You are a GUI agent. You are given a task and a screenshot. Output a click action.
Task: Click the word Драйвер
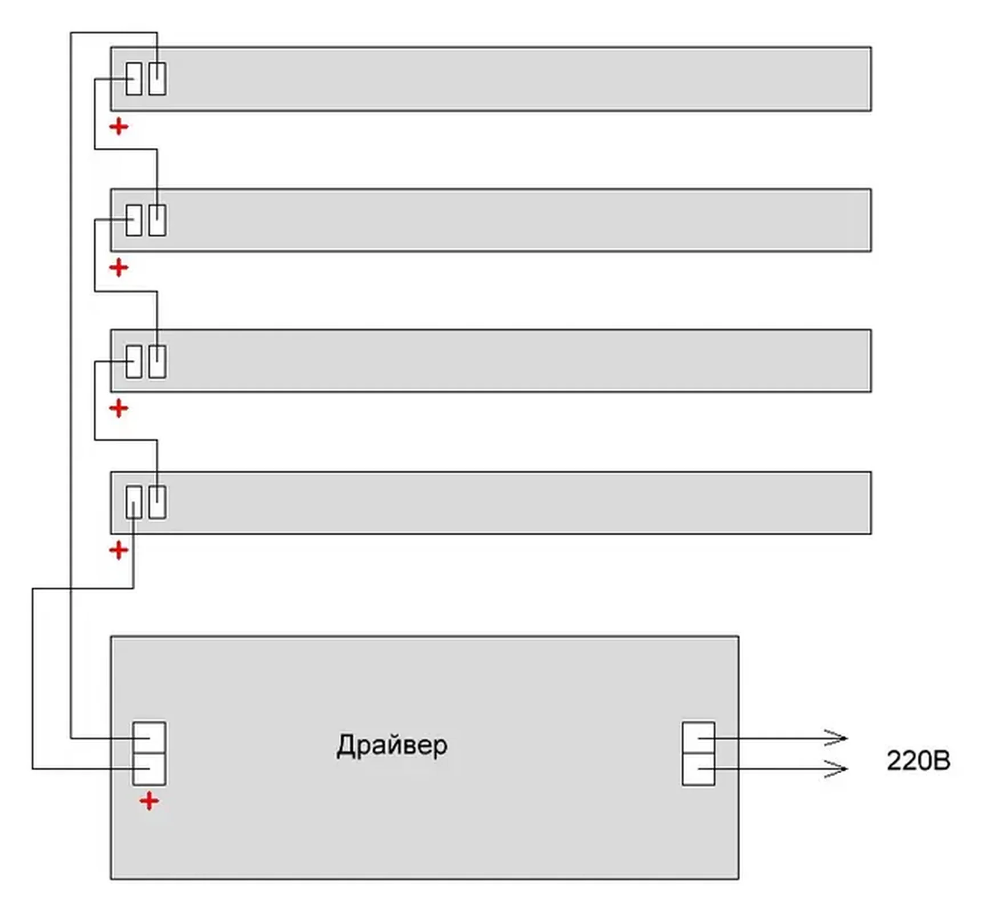392,745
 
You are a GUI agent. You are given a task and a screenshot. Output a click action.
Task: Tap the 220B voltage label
917,761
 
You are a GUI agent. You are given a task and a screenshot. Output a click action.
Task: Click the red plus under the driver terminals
149,801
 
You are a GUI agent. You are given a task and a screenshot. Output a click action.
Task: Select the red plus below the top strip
119,126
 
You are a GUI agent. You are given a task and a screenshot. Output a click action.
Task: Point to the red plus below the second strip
119,267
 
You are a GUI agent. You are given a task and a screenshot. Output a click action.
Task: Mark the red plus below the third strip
119,408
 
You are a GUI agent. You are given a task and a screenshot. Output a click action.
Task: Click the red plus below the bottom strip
119,550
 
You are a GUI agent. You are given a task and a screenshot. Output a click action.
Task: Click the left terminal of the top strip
134,79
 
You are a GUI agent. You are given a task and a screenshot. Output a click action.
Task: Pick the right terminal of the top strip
158,79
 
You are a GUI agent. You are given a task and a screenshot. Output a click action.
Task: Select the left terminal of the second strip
134,220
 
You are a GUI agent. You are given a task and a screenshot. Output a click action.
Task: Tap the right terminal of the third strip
158,361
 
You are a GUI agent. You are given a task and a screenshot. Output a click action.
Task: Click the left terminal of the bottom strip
134,502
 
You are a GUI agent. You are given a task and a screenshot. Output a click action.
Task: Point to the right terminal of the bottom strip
158,502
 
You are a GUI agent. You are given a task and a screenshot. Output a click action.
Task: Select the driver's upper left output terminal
150,738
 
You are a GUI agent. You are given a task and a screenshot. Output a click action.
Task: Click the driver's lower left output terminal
150,769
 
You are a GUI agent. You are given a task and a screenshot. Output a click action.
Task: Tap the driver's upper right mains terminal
698,738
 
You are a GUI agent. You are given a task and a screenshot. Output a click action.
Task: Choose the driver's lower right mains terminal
698,769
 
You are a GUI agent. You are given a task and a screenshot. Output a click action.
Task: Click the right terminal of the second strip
158,220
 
